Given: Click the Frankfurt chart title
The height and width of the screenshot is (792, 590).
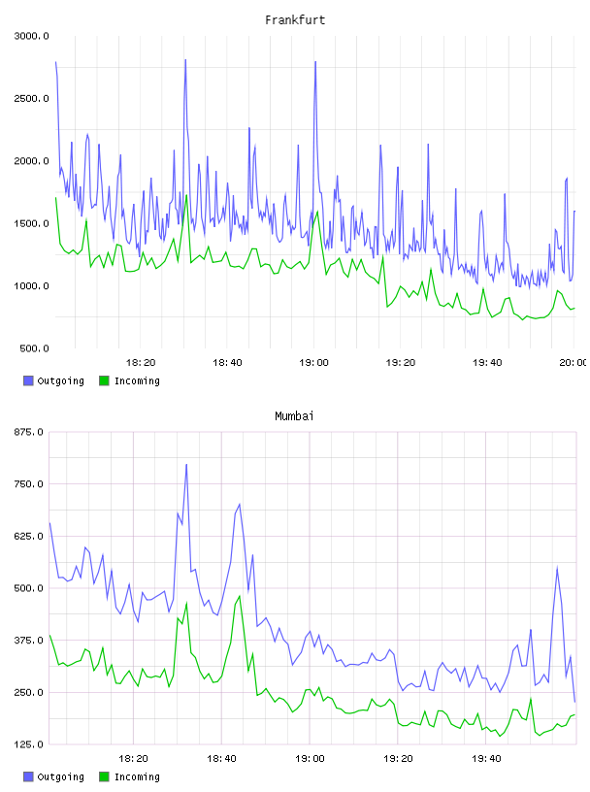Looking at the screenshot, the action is click(x=295, y=20).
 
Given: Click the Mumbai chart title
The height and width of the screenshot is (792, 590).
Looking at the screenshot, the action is click(x=294, y=416).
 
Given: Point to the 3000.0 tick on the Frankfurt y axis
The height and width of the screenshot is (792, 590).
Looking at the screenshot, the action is click(x=31, y=36).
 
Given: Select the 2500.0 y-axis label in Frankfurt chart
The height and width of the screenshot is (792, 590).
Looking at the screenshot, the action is click(x=31, y=98).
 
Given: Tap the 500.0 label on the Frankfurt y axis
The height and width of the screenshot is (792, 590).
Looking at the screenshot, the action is click(x=34, y=348).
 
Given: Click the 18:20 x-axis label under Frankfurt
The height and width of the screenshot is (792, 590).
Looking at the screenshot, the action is click(x=141, y=363).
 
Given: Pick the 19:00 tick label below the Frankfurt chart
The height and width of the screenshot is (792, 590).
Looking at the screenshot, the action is click(x=313, y=363).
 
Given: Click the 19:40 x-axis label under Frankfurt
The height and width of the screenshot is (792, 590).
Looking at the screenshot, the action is click(x=487, y=363).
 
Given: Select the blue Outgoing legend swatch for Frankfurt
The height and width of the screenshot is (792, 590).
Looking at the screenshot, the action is click(x=28, y=380).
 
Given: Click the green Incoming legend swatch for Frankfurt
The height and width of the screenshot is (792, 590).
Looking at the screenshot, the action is click(x=104, y=380).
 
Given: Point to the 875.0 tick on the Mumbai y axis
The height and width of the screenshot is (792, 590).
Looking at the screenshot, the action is click(x=29, y=432).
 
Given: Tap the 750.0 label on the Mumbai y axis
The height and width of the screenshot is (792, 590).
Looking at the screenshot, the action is click(x=29, y=484).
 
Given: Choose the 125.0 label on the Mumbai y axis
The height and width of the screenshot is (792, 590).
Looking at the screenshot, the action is click(x=29, y=744).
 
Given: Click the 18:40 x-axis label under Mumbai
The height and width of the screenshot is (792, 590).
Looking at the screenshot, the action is click(x=221, y=759).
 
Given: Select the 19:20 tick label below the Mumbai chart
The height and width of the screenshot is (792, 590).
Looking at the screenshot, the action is click(x=398, y=759).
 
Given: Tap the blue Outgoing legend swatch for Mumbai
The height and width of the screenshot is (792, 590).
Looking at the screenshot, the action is click(x=28, y=776).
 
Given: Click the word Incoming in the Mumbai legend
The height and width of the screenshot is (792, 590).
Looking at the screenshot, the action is click(x=137, y=776).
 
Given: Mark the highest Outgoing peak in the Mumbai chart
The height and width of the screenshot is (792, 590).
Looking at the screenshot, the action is click(x=186, y=465).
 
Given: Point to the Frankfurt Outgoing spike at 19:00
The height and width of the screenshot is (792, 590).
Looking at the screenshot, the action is click(x=315, y=62).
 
